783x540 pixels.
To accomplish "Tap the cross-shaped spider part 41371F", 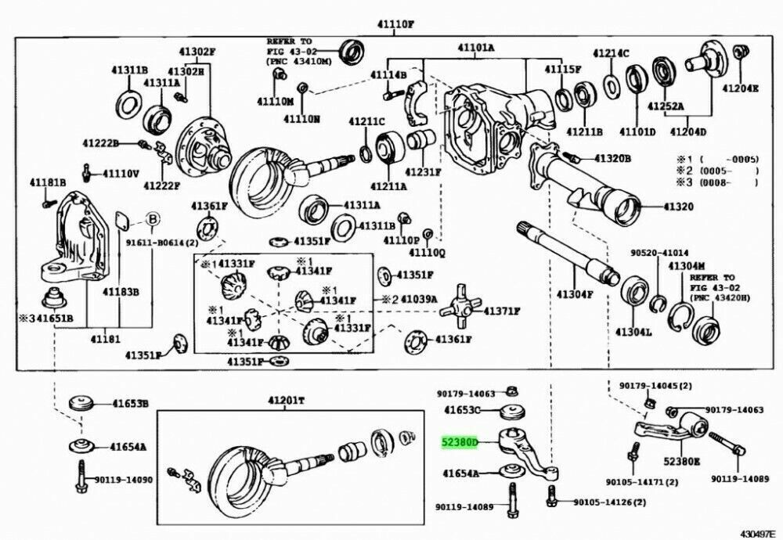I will pyautogui.click(x=460, y=309).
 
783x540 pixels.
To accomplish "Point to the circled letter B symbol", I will pyautogui.click(x=153, y=218).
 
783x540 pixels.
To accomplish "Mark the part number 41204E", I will pyautogui.click(x=739, y=88).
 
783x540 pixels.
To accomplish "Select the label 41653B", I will pyautogui.click(x=129, y=404).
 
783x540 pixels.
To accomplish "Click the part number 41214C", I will pyautogui.click(x=610, y=52).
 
